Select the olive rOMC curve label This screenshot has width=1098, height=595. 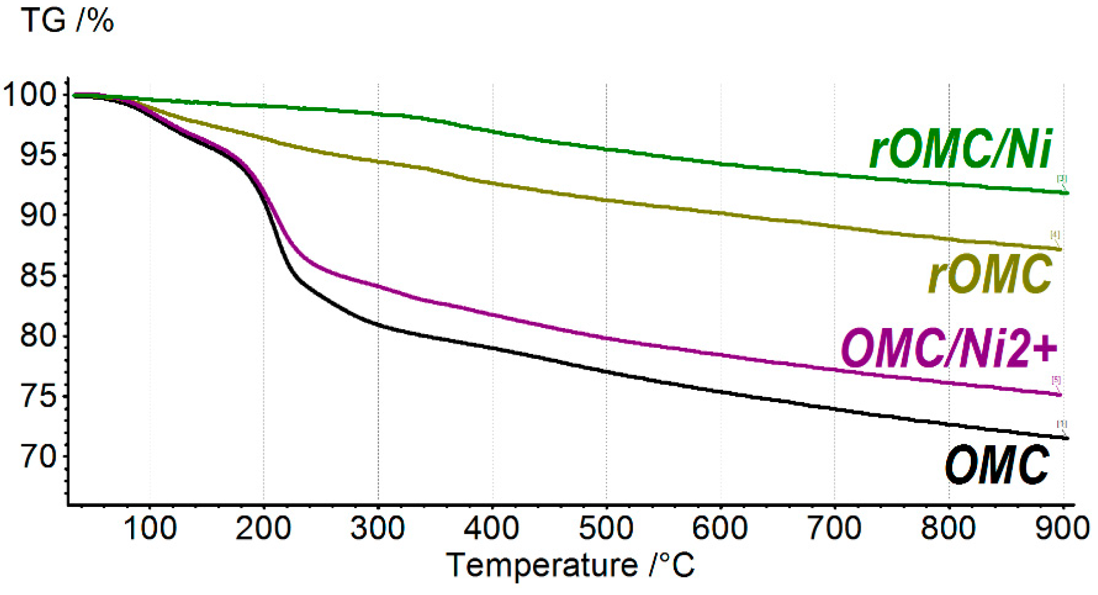(x=990, y=274)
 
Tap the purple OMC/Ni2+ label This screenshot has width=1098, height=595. (x=949, y=349)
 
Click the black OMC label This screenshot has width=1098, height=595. (x=997, y=465)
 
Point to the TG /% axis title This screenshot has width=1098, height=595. (x=67, y=21)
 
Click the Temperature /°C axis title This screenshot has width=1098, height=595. (x=571, y=565)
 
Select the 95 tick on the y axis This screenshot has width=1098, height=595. (x=38, y=155)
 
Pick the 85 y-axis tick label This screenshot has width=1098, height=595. (x=38, y=275)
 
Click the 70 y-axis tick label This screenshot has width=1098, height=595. (x=38, y=456)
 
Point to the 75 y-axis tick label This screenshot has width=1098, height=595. (x=38, y=396)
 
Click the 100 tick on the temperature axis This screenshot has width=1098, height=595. (x=150, y=528)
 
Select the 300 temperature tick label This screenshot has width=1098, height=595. (x=378, y=528)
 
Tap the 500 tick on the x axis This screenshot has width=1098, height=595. (x=606, y=528)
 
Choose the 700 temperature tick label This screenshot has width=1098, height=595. (x=834, y=528)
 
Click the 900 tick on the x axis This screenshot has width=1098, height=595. (x=1062, y=528)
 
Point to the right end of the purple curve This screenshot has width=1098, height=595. (x=1059, y=395)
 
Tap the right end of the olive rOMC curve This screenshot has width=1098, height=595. (x=1059, y=249)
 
